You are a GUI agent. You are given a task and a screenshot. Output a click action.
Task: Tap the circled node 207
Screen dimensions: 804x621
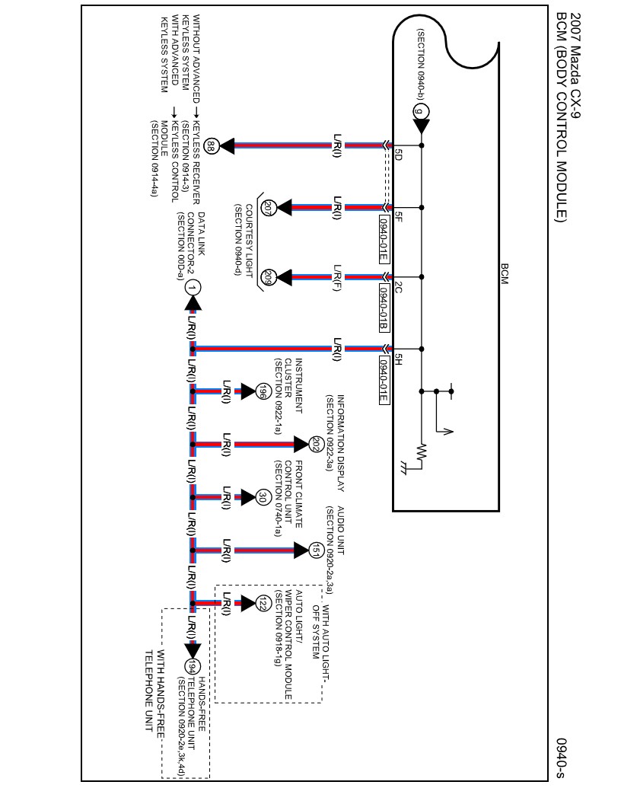268,207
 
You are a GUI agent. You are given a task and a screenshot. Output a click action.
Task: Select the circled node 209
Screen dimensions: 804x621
268,277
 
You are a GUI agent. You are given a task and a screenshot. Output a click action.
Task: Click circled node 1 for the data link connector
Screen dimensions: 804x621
193,287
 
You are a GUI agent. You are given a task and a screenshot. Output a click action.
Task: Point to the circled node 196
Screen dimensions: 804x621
262,391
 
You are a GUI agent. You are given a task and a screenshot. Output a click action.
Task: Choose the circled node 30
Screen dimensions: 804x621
263,497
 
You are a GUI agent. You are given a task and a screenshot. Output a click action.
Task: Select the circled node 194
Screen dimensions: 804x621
193,666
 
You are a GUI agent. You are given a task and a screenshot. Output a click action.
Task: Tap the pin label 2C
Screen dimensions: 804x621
396,289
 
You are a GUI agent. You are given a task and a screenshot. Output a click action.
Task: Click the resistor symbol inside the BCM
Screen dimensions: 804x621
422,455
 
